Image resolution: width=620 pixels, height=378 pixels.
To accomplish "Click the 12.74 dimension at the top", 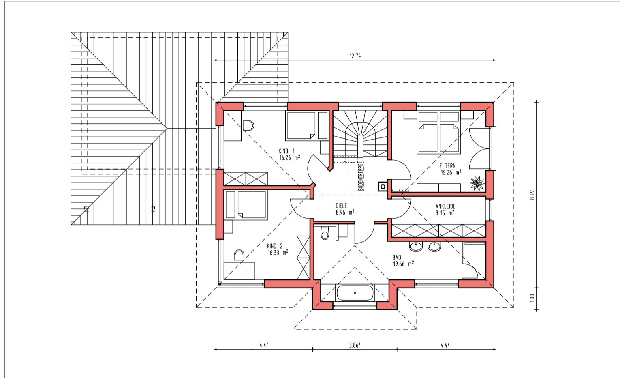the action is pyautogui.click(x=355, y=56).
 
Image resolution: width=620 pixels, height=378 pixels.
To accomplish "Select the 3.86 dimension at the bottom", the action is pyautogui.click(x=355, y=345).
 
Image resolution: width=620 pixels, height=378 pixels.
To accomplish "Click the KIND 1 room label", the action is pyautogui.click(x=286, y=151).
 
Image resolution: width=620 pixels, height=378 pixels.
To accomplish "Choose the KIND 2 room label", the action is pyautogui.click(x=275, y=246).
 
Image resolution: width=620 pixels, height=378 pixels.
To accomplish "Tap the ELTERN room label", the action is pyautogui.click(x=447, y=166).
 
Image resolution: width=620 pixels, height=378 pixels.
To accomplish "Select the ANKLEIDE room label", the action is pyautogui.click(x=445, y=206).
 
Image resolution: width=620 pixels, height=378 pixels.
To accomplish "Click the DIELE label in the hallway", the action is pyautogui.click(x=341, y=206).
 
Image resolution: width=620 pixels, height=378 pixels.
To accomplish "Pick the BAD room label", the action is pyautogui.click(x=397, y=257).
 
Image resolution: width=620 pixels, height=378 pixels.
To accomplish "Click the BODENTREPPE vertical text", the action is pyautogui.click(x=360, y=176).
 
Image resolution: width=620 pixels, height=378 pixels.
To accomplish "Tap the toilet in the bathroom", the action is pyautogui.click(x=325, y=233).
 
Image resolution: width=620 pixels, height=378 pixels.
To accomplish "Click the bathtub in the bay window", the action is pyautogui.click(x=355, y=293).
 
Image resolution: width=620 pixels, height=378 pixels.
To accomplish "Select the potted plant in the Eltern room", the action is pyautogui.click(x=477, y=183).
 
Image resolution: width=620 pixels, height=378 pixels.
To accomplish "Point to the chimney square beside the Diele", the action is pyautogui.click(x=383, y=187).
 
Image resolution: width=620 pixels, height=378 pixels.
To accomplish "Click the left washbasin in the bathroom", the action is pyautogui.click(x=415, y=247).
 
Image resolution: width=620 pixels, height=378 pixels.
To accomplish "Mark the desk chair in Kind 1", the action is pyautogui.click(x=248, y=125).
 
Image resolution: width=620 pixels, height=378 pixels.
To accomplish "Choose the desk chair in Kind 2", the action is pyautogui.click(x=239, y=256).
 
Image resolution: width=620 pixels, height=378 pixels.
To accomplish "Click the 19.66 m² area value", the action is pyautogui.click(x=403, y=264).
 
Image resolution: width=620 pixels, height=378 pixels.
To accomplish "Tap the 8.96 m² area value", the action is pyautogui.click(x=345, y=213).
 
